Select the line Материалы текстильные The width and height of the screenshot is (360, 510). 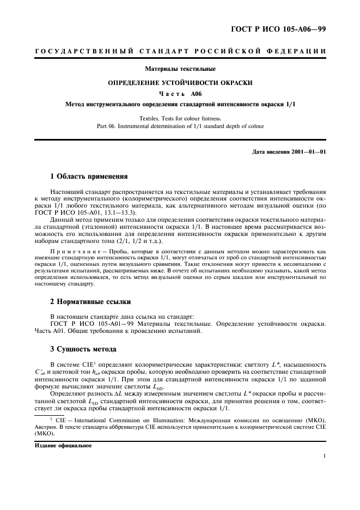tap(180, 69)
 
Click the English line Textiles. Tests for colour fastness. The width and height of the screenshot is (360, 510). tap(180, 118)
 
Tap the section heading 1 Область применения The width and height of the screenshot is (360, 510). tap(89, 177)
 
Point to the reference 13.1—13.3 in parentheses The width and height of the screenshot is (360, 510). tap(116, 214)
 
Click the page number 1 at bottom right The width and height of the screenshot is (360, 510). tap(325, 457)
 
